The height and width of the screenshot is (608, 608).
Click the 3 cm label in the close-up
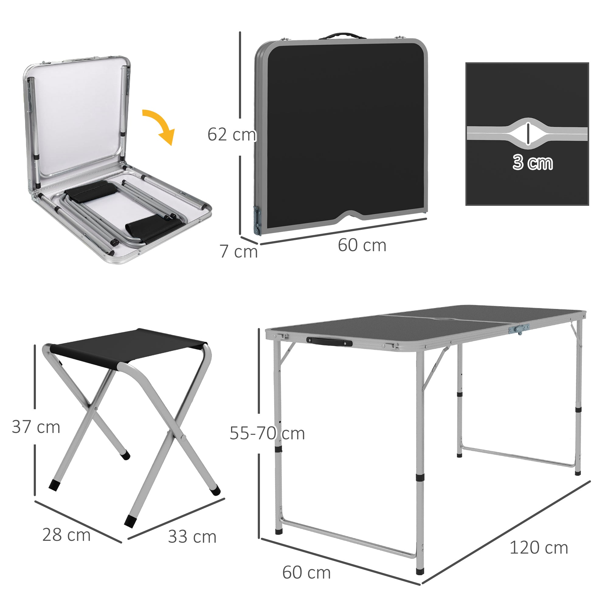tap(533, 162)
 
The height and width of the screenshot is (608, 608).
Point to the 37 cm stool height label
tap(36, 427)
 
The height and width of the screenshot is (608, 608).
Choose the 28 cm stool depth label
tap(66, 535)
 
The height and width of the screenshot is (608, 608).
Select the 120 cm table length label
tap(539, 548)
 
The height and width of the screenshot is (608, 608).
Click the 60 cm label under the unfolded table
tap(306, 572)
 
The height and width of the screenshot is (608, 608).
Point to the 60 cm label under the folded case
tap(362, 245)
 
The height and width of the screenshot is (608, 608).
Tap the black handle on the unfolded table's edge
tap(329, 342)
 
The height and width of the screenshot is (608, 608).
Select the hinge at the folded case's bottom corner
tap(257, 221)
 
